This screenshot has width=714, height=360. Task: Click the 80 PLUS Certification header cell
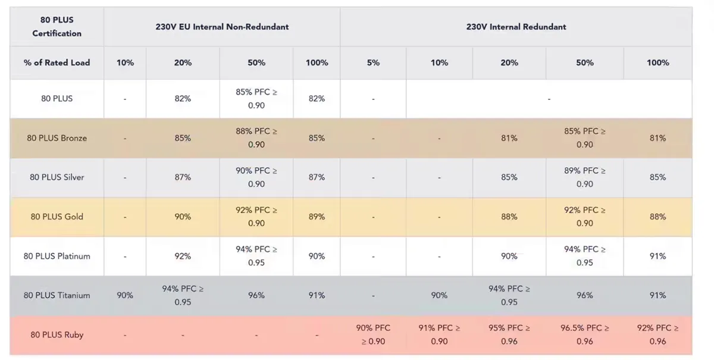click(x=57, y=27)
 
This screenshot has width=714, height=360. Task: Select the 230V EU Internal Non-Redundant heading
click(x=222, y=27)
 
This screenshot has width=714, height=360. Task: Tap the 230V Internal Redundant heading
click(x=516, y=27)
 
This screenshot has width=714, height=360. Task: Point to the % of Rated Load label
click(x=57, y=62)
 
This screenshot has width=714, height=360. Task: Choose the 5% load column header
click(x=373, y=62)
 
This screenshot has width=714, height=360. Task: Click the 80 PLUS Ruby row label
click(x=57, y=334)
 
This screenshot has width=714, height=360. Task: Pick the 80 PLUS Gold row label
click(x=57, y=217)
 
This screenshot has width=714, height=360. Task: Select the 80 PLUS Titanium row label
click(x=57, y=295)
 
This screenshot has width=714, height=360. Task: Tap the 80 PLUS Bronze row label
click(x=57, y=138)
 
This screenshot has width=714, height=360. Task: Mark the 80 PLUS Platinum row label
click(x=57, y=256)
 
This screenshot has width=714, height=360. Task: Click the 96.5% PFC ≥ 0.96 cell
click(x=584, y=334)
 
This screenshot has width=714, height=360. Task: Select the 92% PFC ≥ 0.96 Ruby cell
click(x=657, y=334)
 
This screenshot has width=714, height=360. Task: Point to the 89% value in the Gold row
click(x=317, y=217)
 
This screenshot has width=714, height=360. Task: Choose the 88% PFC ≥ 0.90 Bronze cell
click(x=256, y=138)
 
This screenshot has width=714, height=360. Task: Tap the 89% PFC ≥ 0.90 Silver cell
click(x=584, y=177)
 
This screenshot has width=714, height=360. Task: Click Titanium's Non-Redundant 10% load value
click(x=125, y=295)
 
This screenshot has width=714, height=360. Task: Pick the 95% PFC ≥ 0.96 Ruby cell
click(x=509, y=334)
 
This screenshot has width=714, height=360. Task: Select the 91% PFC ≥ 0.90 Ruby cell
click(x=439, y=334)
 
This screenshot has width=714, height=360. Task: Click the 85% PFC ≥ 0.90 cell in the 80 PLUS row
click(x=256, y=99)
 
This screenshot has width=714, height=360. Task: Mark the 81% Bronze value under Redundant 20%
click(x=509, y=138)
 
